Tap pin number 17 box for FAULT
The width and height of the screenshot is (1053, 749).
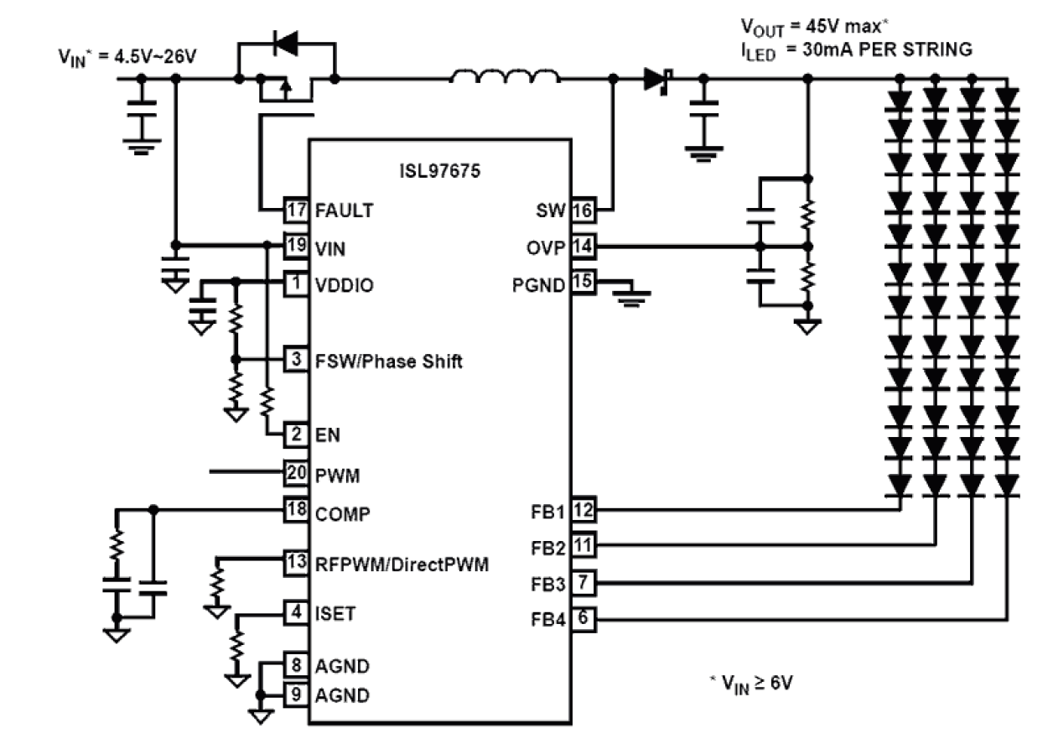(296, 211)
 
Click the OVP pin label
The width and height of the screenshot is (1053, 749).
(549, 247)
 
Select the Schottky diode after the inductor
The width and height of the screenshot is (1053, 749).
(656, 81)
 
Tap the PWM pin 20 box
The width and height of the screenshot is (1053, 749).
(296, 474)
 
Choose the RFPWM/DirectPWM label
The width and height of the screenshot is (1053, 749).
(401, 564)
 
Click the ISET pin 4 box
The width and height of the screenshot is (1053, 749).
(296, 613)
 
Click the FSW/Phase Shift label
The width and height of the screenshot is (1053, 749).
(388, 362)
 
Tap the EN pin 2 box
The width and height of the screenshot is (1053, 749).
(296, 434)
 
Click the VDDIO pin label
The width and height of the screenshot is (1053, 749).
(344, 285)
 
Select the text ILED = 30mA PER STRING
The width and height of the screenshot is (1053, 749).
(853, 50)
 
